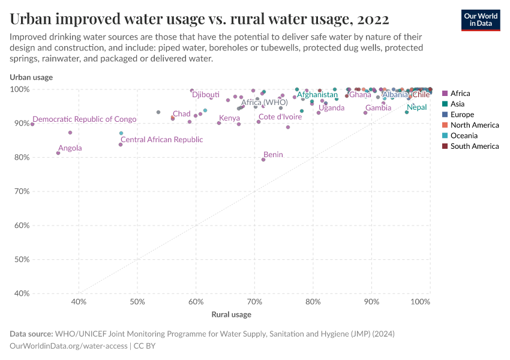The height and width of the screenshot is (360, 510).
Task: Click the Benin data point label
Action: [x=273, y=154]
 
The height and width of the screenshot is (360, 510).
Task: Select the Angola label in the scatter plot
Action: [x=70, y=148]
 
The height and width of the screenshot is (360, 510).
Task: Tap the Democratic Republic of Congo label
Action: [x=85, y=119]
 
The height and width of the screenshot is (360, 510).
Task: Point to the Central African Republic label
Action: [x=162, y=139]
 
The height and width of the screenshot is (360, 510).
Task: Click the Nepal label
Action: [x=416, y=107]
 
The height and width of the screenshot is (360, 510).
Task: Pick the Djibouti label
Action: [x=206, y=95]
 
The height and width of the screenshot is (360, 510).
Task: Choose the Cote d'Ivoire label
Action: [x=280, y=117]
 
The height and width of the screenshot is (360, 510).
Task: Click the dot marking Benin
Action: [x=263, y=160]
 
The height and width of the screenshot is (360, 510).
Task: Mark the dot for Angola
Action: [x=58, y=153]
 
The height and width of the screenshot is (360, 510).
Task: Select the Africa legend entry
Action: [x=460, y=93]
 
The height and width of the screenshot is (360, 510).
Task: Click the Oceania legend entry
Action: [x=464, y=136]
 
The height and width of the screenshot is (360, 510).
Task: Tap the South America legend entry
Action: [x=474, y=146]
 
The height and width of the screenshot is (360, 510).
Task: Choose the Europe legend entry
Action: [x=462, y=114]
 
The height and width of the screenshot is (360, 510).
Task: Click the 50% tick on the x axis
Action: [x=137, y=302]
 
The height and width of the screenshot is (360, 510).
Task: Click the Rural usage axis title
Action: [x=231, y=314]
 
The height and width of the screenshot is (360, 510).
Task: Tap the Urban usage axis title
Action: [x=31, y=77]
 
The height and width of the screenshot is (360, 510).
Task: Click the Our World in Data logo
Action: [x=480, y=20]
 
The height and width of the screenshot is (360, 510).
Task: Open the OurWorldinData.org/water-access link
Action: [x=68, y=346]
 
